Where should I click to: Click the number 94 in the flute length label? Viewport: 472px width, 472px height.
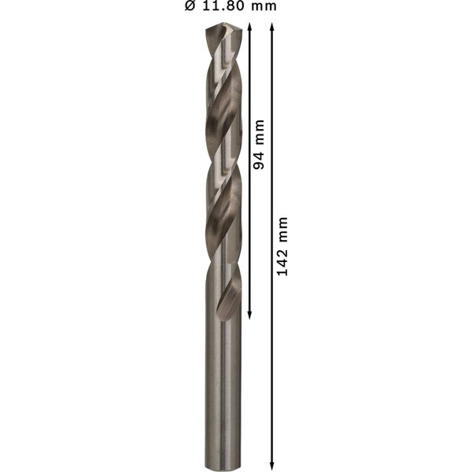tap(260, 157)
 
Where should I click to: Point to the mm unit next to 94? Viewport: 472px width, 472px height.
tap(260, 131)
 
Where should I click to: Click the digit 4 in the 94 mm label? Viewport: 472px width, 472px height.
tap(260, 153)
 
